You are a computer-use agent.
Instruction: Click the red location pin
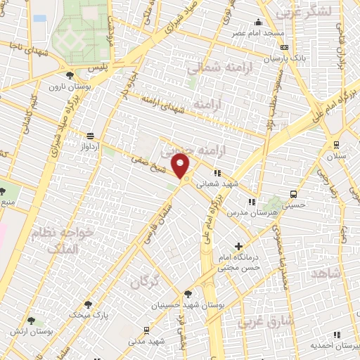181,166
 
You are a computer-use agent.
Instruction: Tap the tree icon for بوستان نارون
68,76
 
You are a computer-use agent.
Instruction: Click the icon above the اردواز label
90,136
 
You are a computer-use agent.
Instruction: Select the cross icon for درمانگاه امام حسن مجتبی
239,247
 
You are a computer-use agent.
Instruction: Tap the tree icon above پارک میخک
88,304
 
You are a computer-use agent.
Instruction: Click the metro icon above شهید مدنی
146,330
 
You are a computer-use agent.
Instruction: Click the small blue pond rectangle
39,18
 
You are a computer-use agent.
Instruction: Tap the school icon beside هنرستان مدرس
252,202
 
